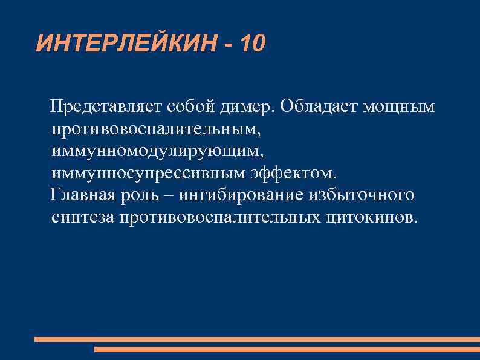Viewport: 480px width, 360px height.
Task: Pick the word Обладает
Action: pyautogui.click(x=320, y=107)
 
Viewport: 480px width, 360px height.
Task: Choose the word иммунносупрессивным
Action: pyautogui.click(x=149, y=174)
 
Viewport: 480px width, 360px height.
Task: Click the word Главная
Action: pyautogui.click(x=88, y=195)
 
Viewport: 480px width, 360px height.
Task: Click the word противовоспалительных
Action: pyautogui.click(x=220, y=217)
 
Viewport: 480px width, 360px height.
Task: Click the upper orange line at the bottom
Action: pyautogui.click(x=257, y=339)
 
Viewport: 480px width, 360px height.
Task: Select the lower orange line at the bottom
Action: pyautogui.click(x=287, y=349)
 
